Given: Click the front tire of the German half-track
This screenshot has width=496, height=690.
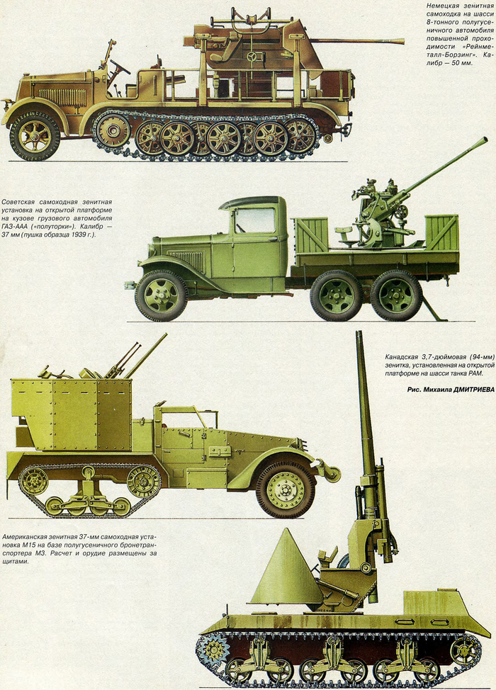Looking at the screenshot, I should tap(35, 135).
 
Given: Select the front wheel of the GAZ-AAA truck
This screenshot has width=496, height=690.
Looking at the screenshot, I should tap(161, 295).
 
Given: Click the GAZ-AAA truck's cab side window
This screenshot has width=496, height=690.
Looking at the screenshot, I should tap(254, 220).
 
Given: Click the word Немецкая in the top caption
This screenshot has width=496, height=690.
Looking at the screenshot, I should tap(446, 6).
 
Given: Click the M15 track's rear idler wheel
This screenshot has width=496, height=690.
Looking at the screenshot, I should tap(33, 481).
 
